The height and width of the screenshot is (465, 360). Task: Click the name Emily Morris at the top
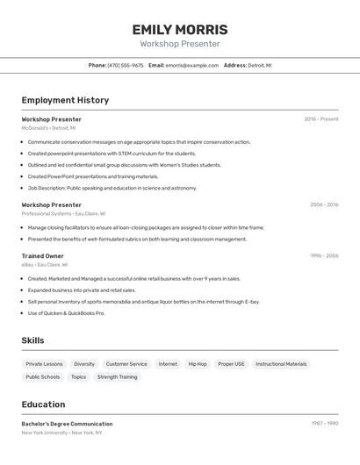179,30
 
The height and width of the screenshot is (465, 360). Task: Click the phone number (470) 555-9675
126,65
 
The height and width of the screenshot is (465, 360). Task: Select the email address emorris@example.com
192,65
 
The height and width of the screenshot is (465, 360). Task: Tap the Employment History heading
65,100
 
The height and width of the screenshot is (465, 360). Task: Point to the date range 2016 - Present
321,118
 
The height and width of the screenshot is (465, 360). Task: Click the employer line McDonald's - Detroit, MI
48,128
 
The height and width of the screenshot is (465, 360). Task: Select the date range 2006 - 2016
324,204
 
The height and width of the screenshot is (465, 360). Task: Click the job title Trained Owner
43,255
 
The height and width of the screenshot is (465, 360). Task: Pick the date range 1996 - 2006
324,255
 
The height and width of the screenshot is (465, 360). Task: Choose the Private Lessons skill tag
44,363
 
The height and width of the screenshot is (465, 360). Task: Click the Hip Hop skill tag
198,363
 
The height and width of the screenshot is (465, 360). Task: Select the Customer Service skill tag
126,363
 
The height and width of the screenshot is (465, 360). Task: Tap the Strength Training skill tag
117,376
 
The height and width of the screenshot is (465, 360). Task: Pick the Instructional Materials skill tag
281,363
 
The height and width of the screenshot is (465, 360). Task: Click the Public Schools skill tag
43,376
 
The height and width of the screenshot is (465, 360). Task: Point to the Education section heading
43,404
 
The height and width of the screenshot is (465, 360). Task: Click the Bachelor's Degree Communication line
67,424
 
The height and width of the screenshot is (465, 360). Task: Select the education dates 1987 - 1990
325,424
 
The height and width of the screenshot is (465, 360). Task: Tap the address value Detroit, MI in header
260,65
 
